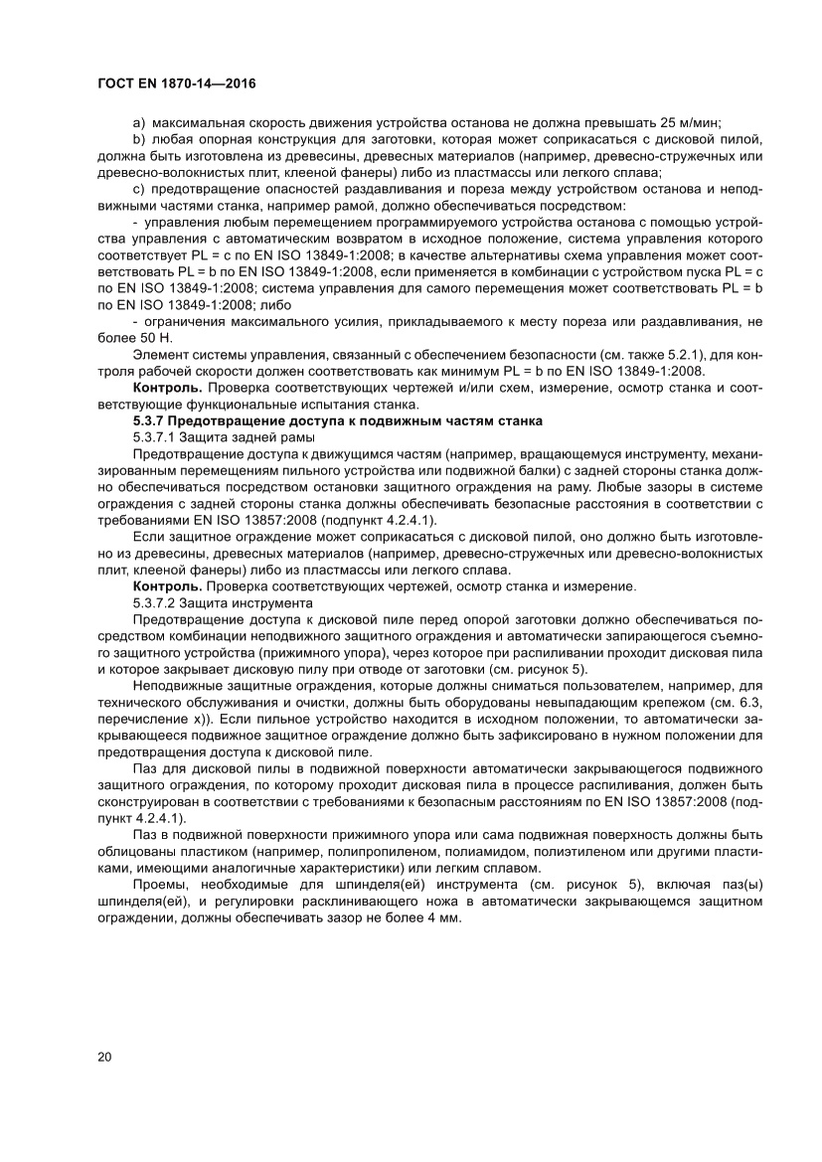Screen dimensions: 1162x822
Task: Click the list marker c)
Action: click(139, 190)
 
